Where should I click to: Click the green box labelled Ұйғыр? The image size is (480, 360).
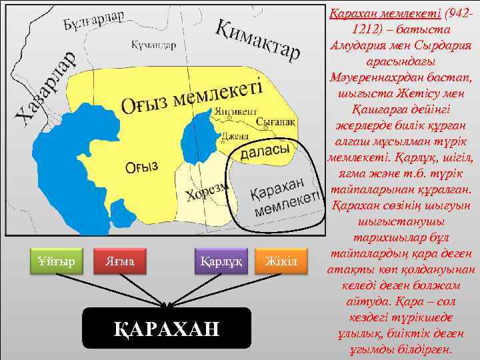[x=56, y=261]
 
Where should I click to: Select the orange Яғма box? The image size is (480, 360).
[x=120, y=261]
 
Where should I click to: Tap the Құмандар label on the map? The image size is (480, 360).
[x=154, y=45]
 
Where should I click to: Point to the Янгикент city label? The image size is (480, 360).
[x=232, y=111]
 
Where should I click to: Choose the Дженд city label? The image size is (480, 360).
[x=236, y=136]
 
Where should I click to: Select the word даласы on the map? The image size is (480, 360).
[x=264, y=152]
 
